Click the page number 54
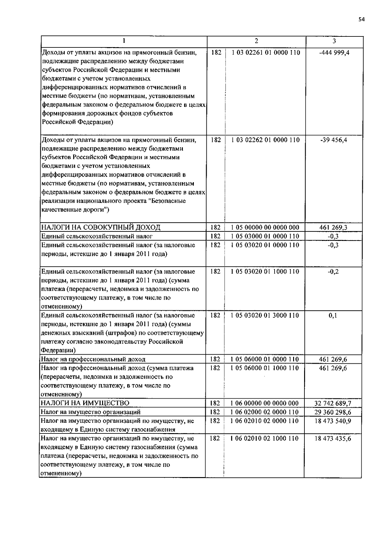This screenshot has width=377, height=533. click(361, 19)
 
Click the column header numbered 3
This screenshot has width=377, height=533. click(334, 41)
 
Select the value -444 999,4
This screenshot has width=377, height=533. click(334, 53)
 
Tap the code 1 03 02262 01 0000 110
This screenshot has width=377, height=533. click(265, 140)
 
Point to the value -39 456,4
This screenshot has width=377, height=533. click(334, 140)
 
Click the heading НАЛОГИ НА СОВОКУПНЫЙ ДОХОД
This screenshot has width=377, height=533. click(101, 227)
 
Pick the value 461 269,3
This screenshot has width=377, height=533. click(333, 228)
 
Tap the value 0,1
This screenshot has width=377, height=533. click(333, 316)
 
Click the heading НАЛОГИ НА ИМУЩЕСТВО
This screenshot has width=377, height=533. click(85, 403)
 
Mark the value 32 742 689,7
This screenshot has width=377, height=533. click(333, 404)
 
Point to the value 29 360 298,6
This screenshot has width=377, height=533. click(333, 412)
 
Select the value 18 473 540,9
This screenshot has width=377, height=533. click(333, 421)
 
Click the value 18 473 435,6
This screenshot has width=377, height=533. click(333, 439)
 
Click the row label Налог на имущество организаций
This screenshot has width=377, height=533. click(91, 412)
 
